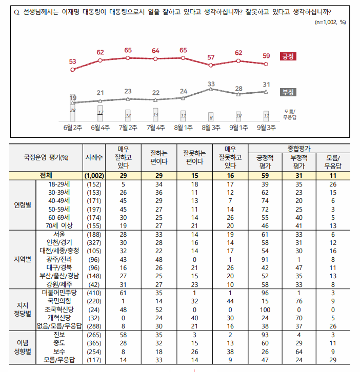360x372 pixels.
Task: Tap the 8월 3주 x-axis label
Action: point(211,127)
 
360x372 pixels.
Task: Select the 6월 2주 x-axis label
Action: point(72,127)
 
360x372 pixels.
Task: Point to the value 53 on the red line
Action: point(72,61)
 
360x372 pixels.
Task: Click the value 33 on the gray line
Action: point(211,83)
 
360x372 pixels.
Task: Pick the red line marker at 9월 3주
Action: point(266,64)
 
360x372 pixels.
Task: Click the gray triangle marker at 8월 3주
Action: point(211,89)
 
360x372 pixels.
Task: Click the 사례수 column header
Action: point(94,157)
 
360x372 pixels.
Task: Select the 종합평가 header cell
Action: point(304,147)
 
